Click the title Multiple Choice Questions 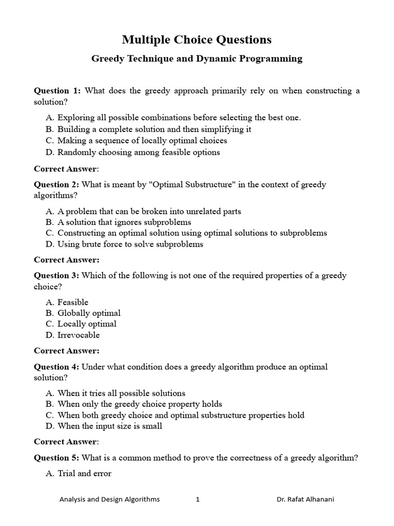[x=196, y=40]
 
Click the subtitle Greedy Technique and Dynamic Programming [x=196, y=59]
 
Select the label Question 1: [x=57, y=91]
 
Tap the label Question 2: [x=56, y=184]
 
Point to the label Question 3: [x=56, y=275]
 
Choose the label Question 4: [x=56, y=367]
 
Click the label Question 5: [x=56, y=458]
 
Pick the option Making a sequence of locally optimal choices [x=142, y=140]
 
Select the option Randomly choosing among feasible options [x=139, y=152]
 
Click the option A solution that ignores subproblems [x=124, y=222]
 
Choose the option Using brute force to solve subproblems [x=130, y=244]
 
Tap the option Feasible [x=73, y=302]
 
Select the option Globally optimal [x=89, y=313]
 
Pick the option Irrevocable [x=78, y=335]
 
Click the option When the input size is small [x=110, y=426]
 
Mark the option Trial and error [x=84, y=474]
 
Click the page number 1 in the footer [x=198, y=499]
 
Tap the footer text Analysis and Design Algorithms [x=109, y=499]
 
